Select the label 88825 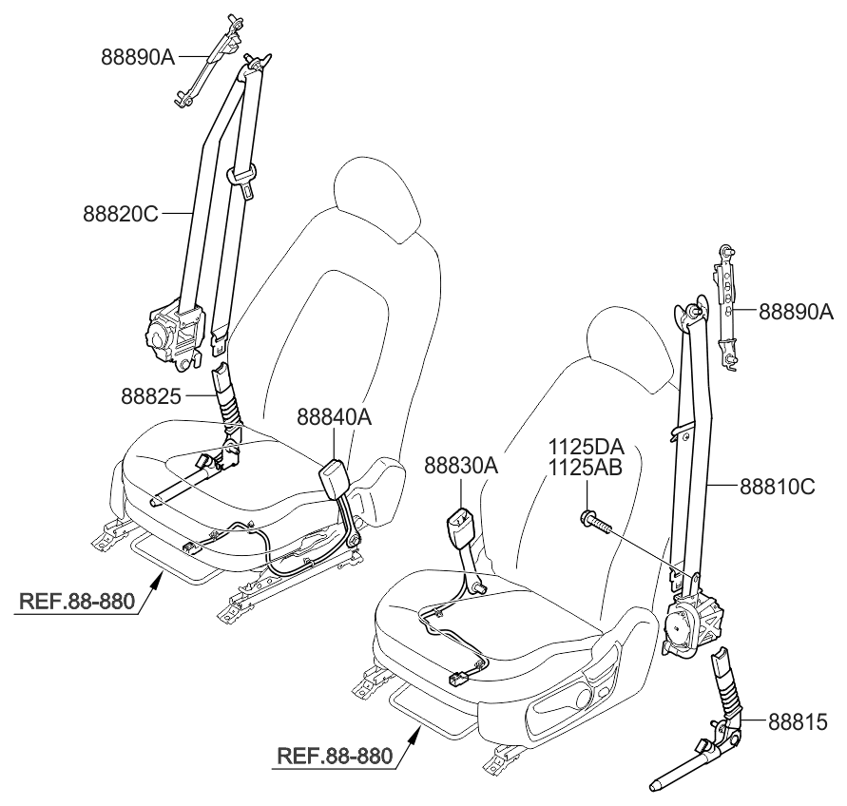[152, 393]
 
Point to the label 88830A [461, 467]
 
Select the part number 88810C [778, 487]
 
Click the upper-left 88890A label [138, 56]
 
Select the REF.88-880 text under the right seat [335, 757]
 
